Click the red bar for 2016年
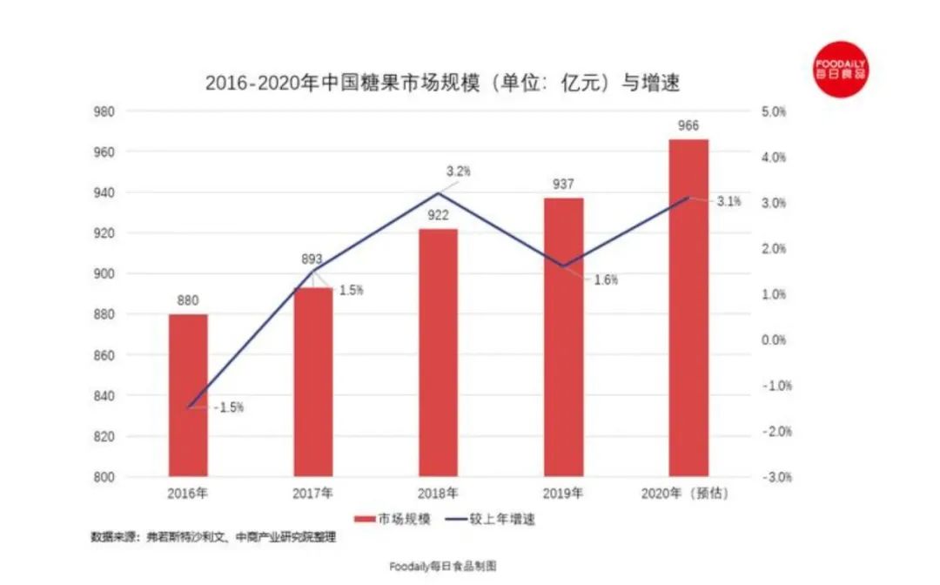(188, 395)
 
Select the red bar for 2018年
(438, 353)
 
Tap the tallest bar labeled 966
(688, 308)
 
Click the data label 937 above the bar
(563, 185)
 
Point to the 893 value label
(312, 259)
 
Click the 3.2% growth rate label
(458, 171)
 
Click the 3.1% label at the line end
(728, 202)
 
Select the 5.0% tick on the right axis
(773, 111)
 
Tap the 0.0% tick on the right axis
(773, 340)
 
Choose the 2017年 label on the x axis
(312, 494)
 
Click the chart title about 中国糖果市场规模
(441, 84)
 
